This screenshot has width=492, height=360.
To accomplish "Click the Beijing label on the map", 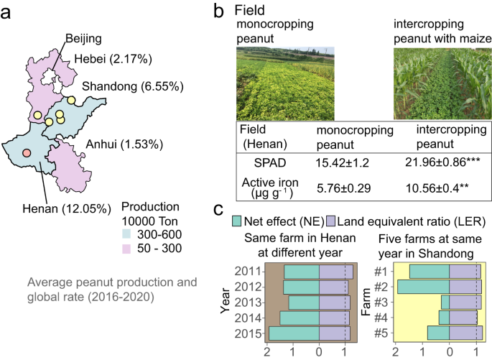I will tap(83, 37).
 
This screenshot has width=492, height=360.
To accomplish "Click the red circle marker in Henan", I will tap(27, 153).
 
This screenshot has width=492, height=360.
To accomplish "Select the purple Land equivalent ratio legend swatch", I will tap(332, 220).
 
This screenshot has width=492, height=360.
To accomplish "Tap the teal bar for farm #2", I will tap(423, 287).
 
